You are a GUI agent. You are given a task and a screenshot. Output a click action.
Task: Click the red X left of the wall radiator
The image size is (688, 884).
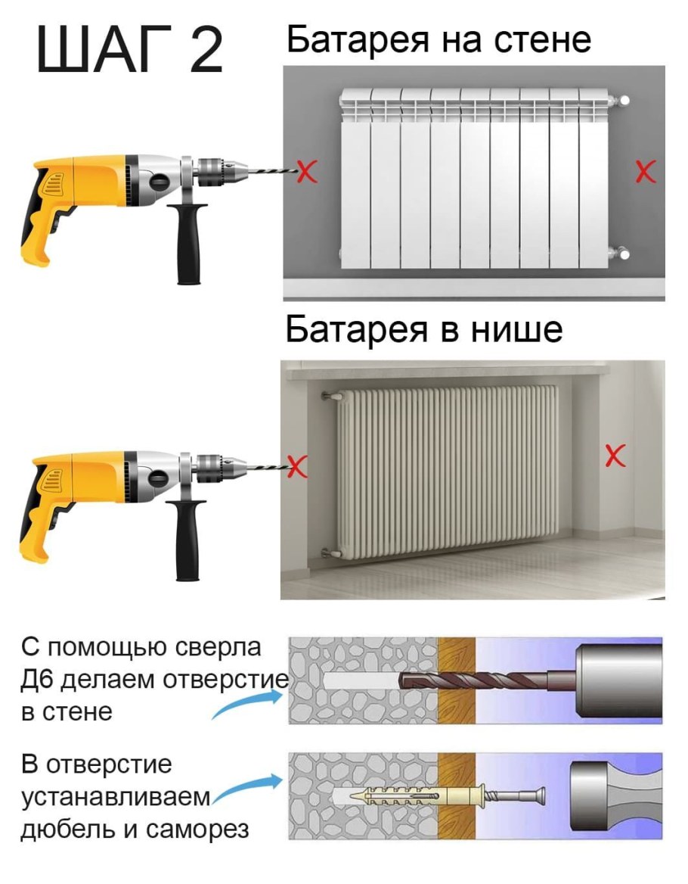point(305,172)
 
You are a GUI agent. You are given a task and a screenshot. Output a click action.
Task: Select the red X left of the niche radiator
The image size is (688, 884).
point(299,465)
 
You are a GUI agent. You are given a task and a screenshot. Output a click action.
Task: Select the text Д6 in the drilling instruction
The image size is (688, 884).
point(36,680)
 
